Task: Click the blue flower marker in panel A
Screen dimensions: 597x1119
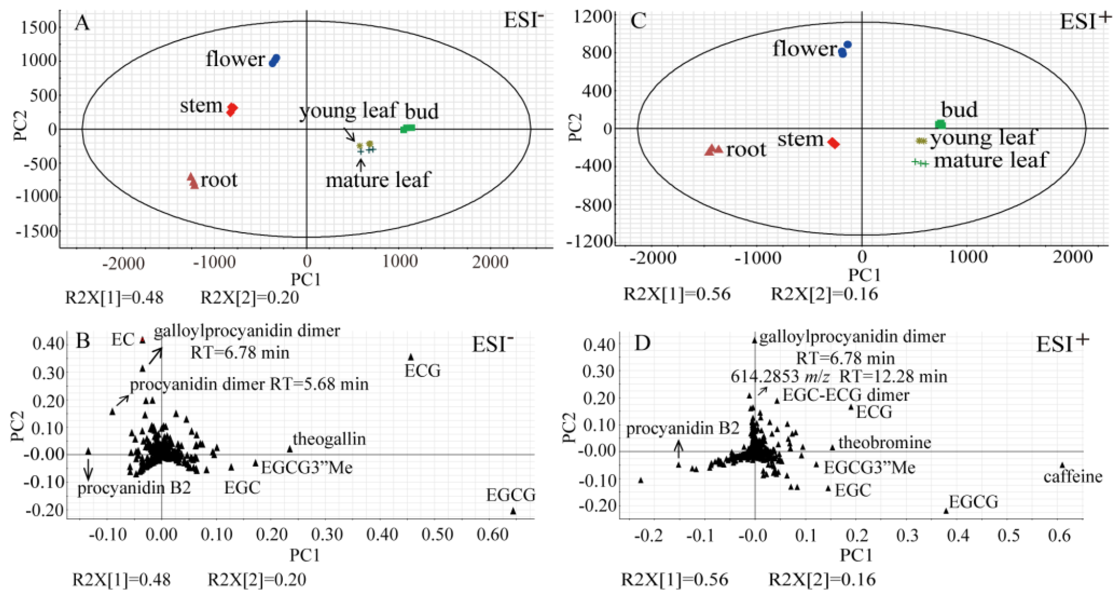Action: point(275,60)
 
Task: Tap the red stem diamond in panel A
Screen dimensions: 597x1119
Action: point(232,109)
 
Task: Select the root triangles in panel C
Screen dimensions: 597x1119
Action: point(713,149)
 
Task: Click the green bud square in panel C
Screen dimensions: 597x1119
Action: point(940,124)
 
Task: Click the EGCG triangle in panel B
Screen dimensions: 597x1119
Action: point(513,511)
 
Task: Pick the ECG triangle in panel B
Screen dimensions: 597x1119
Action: point(411,357)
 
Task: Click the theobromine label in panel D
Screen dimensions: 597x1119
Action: point(884,442)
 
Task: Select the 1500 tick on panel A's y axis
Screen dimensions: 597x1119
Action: point(39,27)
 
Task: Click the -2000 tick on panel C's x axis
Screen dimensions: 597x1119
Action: point(652,257)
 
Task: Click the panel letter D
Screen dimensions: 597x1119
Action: point(642,343)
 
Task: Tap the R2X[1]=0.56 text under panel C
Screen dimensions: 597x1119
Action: point(677,294)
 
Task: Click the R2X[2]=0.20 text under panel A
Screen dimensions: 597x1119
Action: point(249,298)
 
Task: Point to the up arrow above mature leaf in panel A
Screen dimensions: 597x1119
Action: point(360,165)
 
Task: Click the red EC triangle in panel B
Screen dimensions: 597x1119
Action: point(142,340)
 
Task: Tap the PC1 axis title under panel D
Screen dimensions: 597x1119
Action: point(856,555)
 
